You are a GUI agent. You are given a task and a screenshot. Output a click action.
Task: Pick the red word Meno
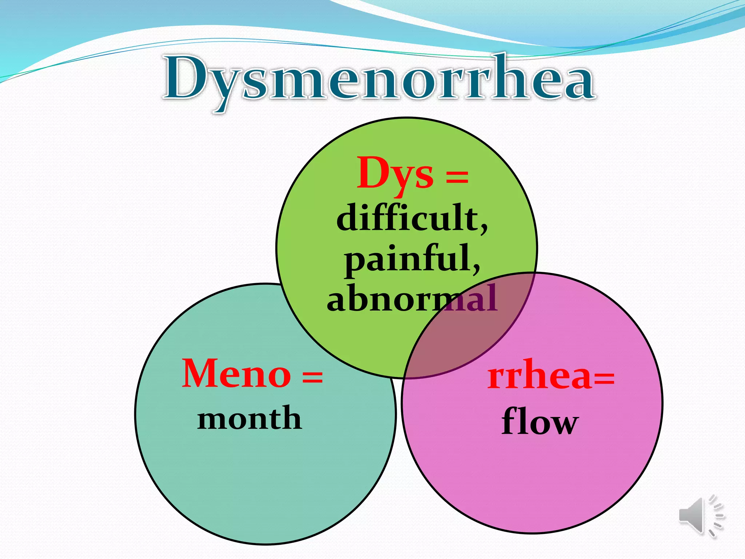(236, 374)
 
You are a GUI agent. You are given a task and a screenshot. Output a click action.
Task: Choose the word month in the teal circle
(250, 419)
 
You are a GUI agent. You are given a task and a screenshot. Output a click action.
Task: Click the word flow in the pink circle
(539, 422)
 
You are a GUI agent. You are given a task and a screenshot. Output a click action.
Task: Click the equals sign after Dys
(457, 177)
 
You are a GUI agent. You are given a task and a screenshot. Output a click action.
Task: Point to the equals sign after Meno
(312, 377)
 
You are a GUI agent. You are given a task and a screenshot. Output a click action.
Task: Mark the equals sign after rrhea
(604, 378)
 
